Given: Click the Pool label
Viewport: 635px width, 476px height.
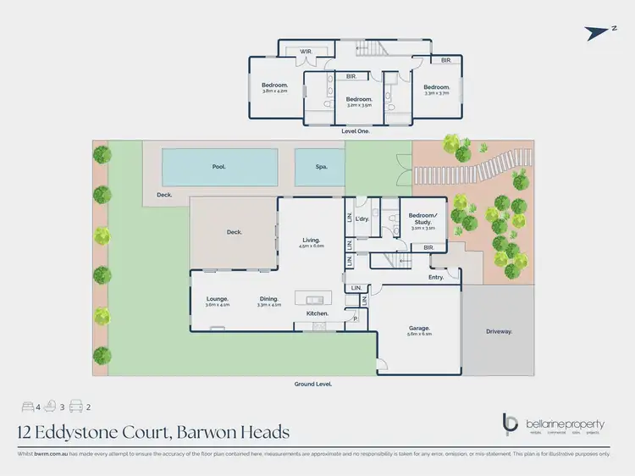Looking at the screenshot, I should [x=218, y=167].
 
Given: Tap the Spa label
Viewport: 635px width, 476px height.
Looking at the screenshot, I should [x=319, y=167].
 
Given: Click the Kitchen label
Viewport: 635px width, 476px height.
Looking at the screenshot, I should [x=305, y=313].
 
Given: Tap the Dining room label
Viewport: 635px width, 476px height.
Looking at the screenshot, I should [x=270, y=298].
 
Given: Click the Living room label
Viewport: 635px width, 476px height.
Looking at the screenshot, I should [x=312, y=241].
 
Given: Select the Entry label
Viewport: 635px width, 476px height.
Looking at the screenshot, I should [x=436, y=277].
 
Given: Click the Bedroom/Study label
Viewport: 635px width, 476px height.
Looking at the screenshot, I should [x=422, y=218].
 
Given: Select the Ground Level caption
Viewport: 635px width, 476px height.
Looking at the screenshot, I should [x=312, y=384].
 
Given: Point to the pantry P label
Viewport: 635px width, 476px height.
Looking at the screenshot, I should [x=356, y=318].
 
